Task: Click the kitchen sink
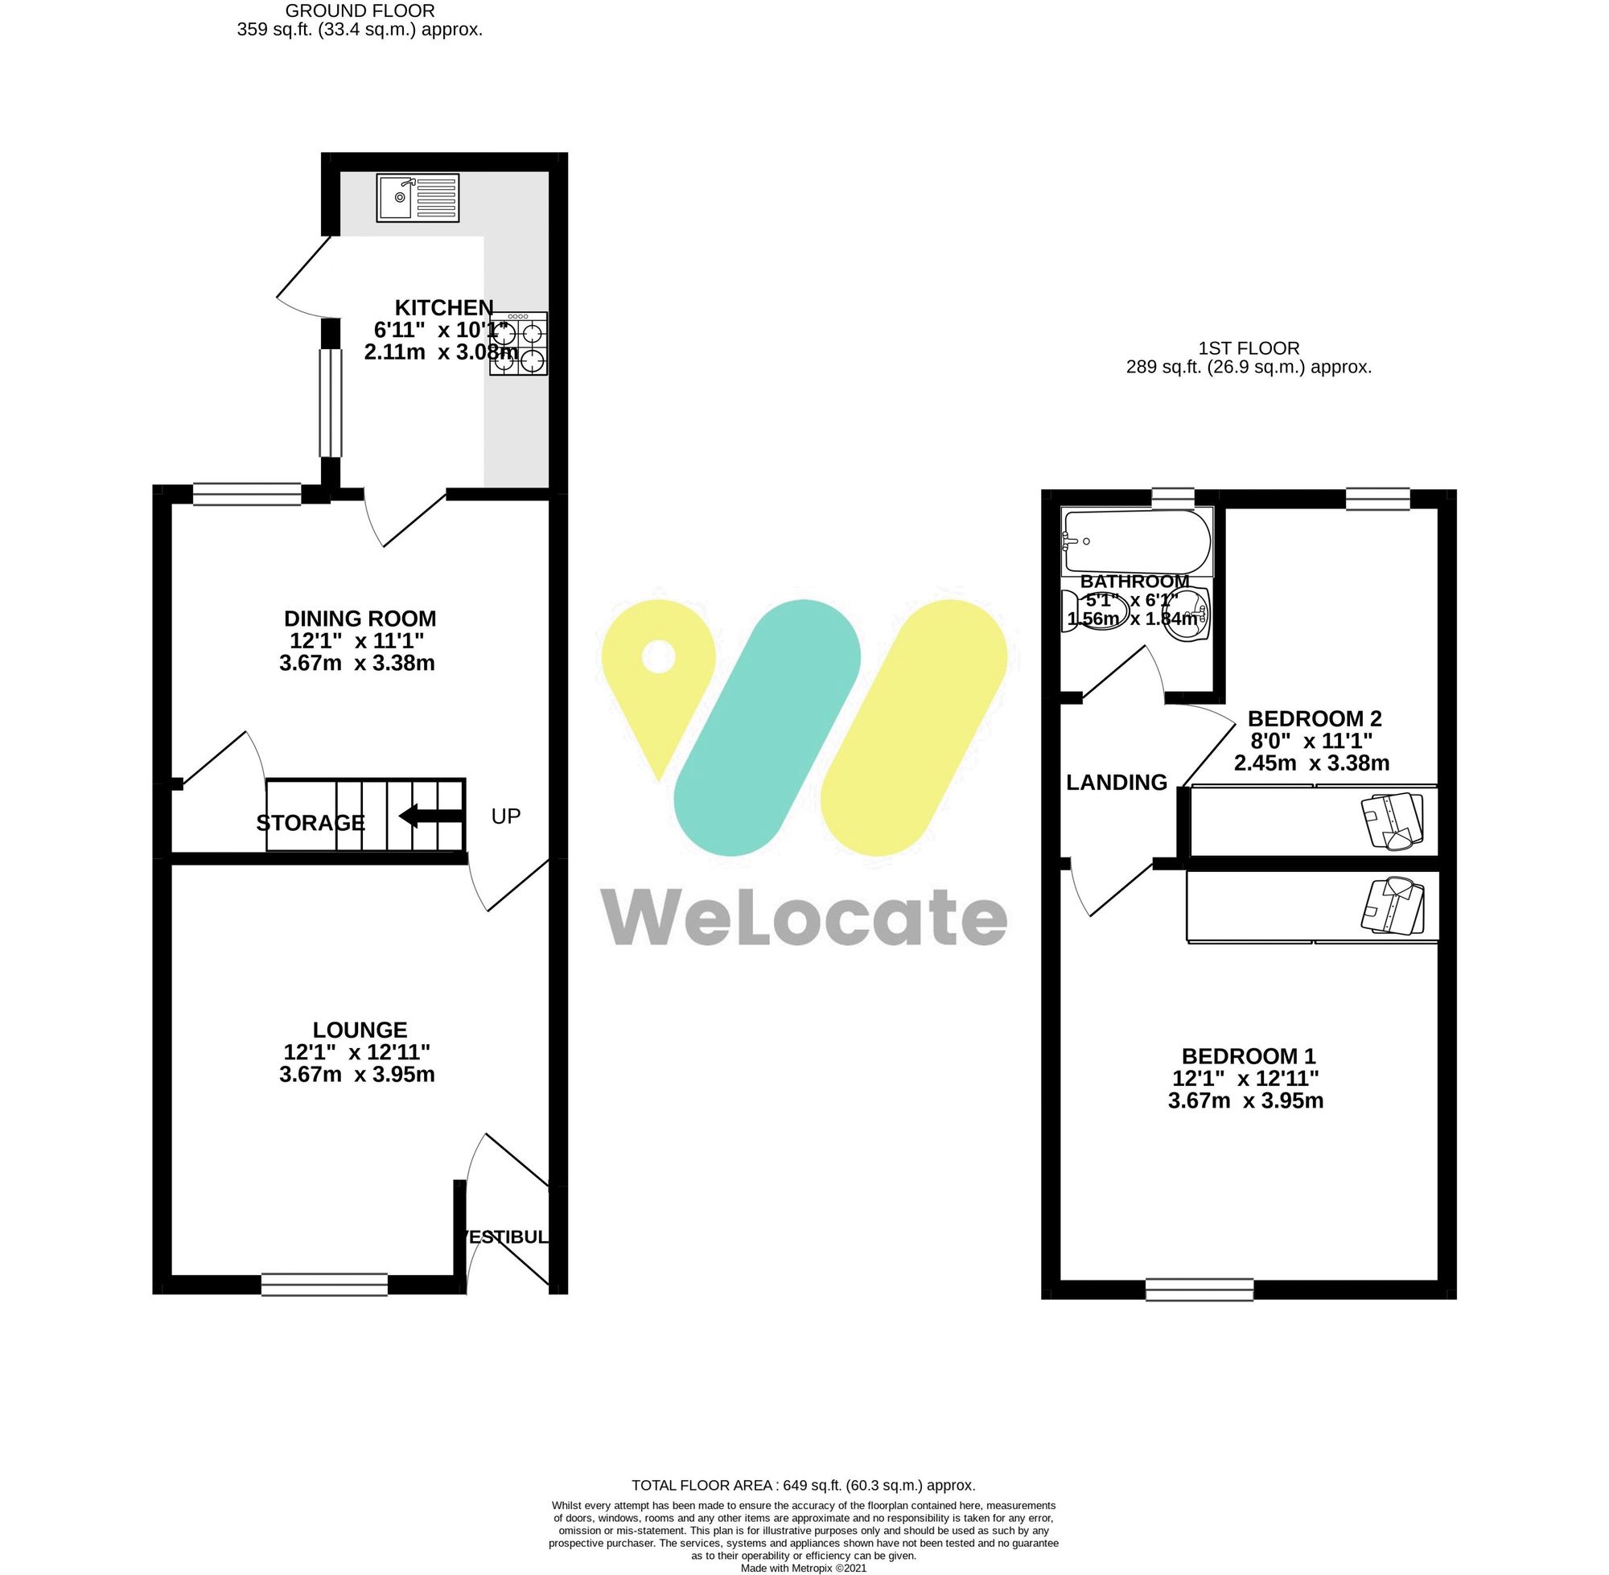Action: [x=417, y=198]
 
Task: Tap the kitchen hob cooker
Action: [x=519, y=343]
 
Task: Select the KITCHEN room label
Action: [x=443, y=308]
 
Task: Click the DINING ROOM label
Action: [x=360, y=618]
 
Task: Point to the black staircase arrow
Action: [x=430, y=816]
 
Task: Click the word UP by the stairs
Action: [x=505, y=816]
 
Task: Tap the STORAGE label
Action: [x=311, y=822]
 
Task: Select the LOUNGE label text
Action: [x=360, y=1030]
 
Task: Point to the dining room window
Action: [x=246, y=495]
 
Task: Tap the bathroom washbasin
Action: [x=1188, y=615]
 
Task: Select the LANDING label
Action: [x=1116, y=782]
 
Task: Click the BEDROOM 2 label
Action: [x=1314, y=718]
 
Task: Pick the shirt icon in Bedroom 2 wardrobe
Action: [x=1393, y=820]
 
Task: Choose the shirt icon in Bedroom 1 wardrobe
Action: [x=1393, y=905]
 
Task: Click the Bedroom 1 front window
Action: [x=1199, y=1289]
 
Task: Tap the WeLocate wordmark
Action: [x=803, y=917]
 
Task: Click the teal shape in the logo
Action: [x=767, y=727]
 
